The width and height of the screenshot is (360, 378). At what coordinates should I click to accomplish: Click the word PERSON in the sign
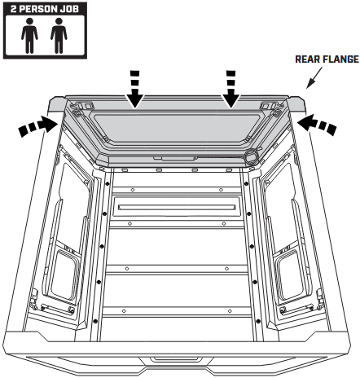40,9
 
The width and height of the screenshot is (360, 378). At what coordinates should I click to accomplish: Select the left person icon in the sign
29,35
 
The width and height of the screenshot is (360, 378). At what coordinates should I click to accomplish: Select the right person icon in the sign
59,35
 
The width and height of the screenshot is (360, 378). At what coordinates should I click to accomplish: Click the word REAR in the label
306,59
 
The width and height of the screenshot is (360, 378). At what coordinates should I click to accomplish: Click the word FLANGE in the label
339,59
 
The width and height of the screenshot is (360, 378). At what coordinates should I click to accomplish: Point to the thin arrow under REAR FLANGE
314,78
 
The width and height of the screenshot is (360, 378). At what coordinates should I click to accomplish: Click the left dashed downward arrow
135,89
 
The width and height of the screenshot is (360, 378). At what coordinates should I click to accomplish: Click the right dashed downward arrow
230,89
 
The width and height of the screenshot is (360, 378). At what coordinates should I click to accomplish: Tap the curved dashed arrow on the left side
38,126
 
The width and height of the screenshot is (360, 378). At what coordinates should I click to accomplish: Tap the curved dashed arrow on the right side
317,125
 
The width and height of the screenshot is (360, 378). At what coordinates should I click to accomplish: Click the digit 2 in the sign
14,9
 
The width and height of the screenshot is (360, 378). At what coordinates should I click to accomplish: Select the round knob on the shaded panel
251,156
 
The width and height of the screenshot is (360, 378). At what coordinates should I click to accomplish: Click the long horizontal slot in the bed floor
177,208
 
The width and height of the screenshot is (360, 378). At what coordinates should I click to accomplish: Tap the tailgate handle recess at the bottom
177,360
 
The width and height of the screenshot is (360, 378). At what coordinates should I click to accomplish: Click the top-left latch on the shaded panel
82,107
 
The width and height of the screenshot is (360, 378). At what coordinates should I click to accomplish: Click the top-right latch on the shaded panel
270,107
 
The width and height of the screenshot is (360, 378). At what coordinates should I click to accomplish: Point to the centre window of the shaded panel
177,128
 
